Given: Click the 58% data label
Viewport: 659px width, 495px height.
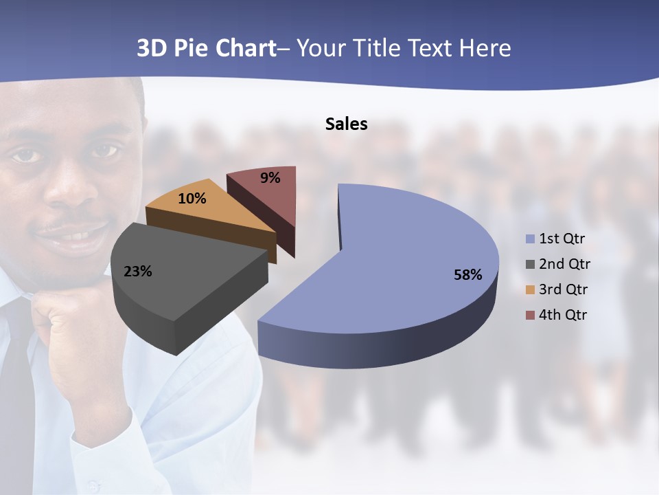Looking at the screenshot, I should coord(467,275).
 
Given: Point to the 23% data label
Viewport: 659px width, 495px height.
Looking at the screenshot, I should coord(137,272).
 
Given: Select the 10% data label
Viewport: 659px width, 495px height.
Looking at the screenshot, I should coord(192,199).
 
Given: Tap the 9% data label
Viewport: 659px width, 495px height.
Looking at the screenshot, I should coord(270,178).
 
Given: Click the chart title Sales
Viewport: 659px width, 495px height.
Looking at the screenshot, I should coord(346,124).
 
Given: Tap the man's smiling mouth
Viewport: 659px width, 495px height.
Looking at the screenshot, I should coord(72,234).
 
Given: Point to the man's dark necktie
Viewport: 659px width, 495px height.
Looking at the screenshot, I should coord(17,399).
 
